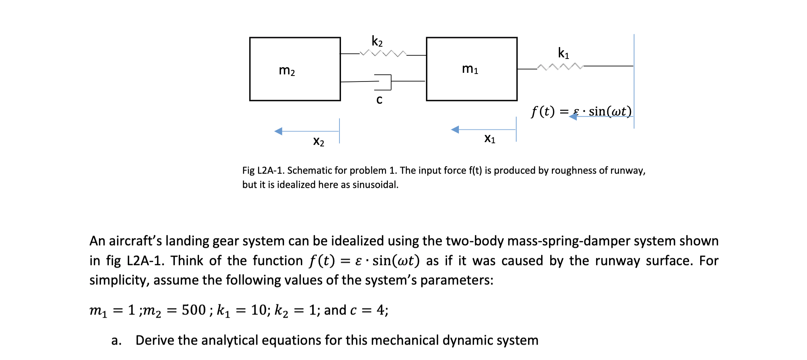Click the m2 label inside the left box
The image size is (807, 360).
[x=287, y=71]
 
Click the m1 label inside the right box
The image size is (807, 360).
[x=470, y=69]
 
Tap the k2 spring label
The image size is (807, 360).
[x=377, y=41]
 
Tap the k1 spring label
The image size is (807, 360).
[x=563, y=53]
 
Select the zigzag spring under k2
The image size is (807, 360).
[x=383, y=53]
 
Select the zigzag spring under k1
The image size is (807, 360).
[x=560, y=66]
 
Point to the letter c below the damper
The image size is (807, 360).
[x=379, y=99]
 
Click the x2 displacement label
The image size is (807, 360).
[x=318, y=141]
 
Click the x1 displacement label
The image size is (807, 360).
[x=490, y=138]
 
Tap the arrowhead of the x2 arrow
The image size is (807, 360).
[x=278, y=131]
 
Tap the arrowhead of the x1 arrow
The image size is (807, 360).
[x=455, y=129]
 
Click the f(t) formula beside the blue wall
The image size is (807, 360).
[x=581, y=111]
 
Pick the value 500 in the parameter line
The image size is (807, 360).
[x=193, y=310]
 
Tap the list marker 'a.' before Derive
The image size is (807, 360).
[x=116, y=340]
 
